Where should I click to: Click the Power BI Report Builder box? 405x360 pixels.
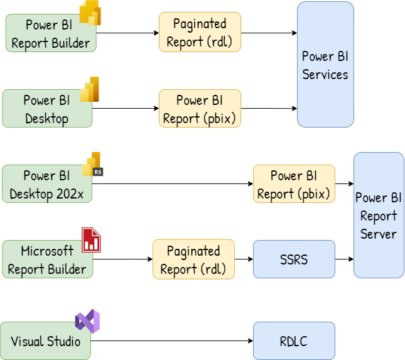50,33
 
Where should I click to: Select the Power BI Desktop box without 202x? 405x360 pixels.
47,109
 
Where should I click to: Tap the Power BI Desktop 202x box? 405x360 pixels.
47,184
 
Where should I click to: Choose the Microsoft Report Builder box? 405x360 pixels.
47,259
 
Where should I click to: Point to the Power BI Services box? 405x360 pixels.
325,65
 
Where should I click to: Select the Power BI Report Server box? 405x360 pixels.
379,215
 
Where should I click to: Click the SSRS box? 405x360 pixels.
294,259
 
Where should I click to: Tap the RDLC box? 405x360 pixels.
294,341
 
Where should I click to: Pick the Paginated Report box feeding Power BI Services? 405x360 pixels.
200,32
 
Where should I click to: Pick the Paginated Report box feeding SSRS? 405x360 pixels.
193,259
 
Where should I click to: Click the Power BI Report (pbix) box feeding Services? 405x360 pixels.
200,109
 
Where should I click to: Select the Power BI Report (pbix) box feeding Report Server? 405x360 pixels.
294,184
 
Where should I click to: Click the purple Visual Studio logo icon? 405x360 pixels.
87,321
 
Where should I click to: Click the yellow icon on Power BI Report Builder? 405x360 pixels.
90,13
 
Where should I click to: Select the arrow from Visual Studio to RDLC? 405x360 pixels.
173,341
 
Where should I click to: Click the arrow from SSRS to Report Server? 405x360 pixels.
344,259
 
